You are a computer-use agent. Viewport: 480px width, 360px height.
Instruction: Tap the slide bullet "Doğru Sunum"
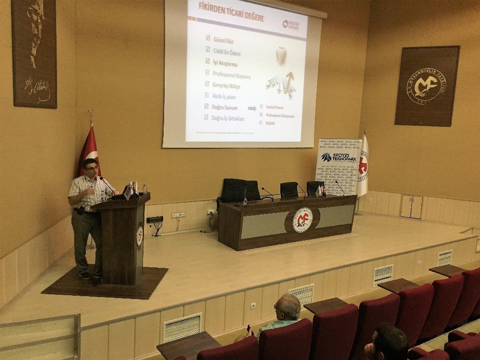click(x=224, y=107)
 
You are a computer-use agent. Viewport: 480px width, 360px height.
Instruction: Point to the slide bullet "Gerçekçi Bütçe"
click(x=226, y=85)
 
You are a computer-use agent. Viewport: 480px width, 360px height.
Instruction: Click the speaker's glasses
click(x=92, y=168)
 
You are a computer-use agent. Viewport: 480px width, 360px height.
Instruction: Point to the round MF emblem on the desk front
click(x=302, y=220)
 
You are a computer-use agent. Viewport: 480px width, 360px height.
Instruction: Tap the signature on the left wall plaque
click(x=37, y=89)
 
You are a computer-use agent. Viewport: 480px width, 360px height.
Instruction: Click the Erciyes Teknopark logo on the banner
click(x=339, y=157)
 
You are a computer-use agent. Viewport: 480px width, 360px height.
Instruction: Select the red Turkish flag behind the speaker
click(x=89, y=149)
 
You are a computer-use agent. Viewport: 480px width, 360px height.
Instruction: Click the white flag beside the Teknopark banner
click(x=363, y=166)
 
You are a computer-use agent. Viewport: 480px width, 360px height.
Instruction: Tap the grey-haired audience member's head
click(x=288, y=307)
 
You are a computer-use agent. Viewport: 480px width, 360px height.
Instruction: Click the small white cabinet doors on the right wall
click(x=411, y=206)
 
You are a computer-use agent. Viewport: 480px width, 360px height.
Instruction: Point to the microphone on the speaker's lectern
click(x=107, y=184)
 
